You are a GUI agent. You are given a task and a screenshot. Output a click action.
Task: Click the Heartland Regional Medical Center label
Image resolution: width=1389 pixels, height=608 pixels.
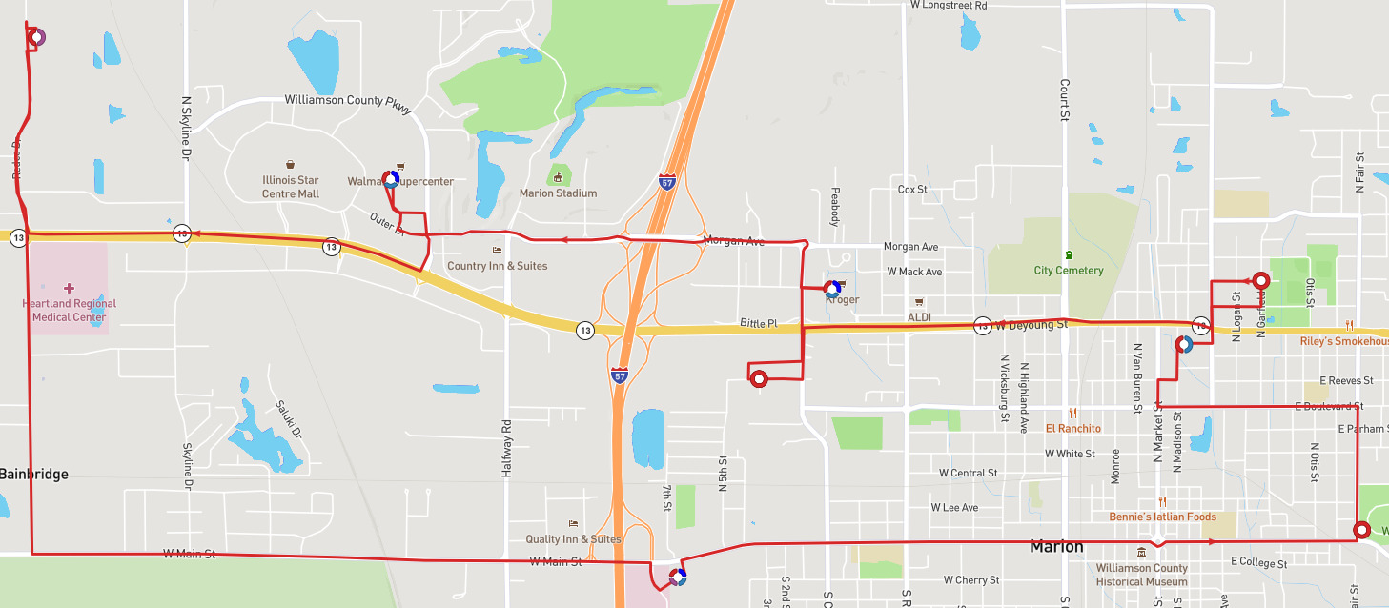(69, 311)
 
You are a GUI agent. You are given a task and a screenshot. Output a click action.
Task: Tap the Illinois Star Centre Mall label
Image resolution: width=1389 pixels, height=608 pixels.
(291, 187)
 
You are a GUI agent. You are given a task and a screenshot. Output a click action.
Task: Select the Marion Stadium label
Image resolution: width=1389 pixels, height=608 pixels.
(558, 193)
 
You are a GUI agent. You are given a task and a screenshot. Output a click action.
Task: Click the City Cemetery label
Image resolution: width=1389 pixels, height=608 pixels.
(1069, 270)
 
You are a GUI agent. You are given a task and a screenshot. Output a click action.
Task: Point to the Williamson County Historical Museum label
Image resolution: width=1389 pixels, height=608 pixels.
(1141, 574)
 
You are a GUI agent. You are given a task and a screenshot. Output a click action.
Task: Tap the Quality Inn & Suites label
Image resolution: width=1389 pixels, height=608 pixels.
(573, 538)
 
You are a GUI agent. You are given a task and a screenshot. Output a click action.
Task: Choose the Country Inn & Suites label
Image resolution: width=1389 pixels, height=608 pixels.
(497, 266)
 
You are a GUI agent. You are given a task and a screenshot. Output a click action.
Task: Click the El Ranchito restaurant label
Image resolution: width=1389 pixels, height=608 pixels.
(1073, 428)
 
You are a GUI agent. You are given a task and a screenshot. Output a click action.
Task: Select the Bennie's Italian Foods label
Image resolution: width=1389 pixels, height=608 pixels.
(1162, 517)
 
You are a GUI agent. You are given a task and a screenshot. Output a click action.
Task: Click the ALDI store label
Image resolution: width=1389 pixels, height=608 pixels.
(919, 316)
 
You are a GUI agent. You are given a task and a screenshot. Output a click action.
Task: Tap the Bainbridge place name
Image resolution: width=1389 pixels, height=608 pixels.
(34, 474)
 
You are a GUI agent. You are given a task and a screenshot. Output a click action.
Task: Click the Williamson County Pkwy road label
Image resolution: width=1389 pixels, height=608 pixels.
(348, 101)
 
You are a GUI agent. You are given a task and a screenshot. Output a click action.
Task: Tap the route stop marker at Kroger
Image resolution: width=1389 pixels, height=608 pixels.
(832, 289)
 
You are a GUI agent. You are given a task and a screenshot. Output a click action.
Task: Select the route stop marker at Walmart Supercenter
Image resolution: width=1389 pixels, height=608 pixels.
(391, 179)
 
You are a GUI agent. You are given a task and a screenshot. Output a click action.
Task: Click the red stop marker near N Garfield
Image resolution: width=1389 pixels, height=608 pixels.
(1260, 280)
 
